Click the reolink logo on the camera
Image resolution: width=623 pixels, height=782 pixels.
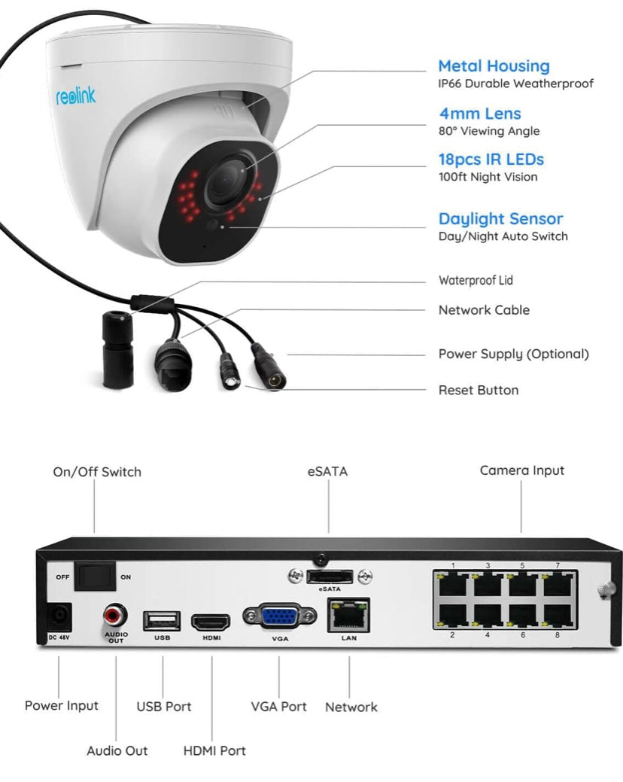click(x=75, y=96)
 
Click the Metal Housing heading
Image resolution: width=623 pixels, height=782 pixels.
click(x=494, y=65)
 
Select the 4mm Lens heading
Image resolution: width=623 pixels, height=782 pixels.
click(x=480, y=114)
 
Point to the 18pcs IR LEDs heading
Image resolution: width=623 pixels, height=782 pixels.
click(x=491, y=160)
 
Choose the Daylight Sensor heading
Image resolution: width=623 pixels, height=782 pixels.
click(x=500, y=219)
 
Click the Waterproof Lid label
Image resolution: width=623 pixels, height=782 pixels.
click(x=476, y=280)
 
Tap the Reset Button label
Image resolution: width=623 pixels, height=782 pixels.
click(x=479, y=390)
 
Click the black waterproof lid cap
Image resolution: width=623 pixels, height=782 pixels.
click(x=117, y=349)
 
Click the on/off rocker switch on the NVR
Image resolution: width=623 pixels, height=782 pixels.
click(x=95, y=577)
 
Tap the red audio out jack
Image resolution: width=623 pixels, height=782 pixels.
click(x=115, y=616)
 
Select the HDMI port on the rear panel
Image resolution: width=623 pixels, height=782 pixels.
click(x=211, y=622)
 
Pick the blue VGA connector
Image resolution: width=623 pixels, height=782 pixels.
click(x=280, y=617)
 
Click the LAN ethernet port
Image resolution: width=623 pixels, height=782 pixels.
click(x=348, y=616)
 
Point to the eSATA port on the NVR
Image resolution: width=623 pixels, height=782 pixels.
click(x=330, y=577)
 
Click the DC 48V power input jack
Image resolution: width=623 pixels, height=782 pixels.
click(x=59, y=617)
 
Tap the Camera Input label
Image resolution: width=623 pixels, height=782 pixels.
click(x=522, y=470)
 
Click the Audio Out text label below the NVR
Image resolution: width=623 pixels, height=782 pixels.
click(x=117, y=750)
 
